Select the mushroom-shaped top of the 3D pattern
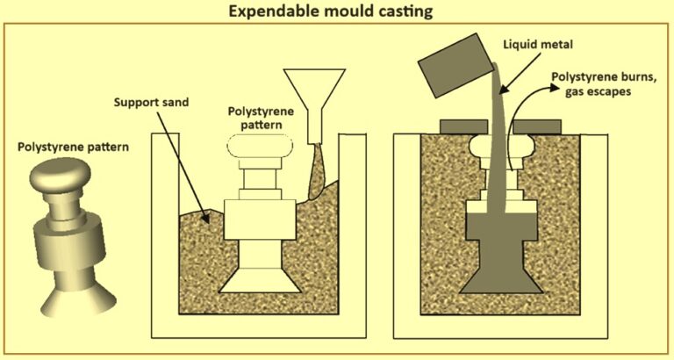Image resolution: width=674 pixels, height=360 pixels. pos(58,180)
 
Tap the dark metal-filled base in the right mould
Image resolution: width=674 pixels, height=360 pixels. pos(496,263)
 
